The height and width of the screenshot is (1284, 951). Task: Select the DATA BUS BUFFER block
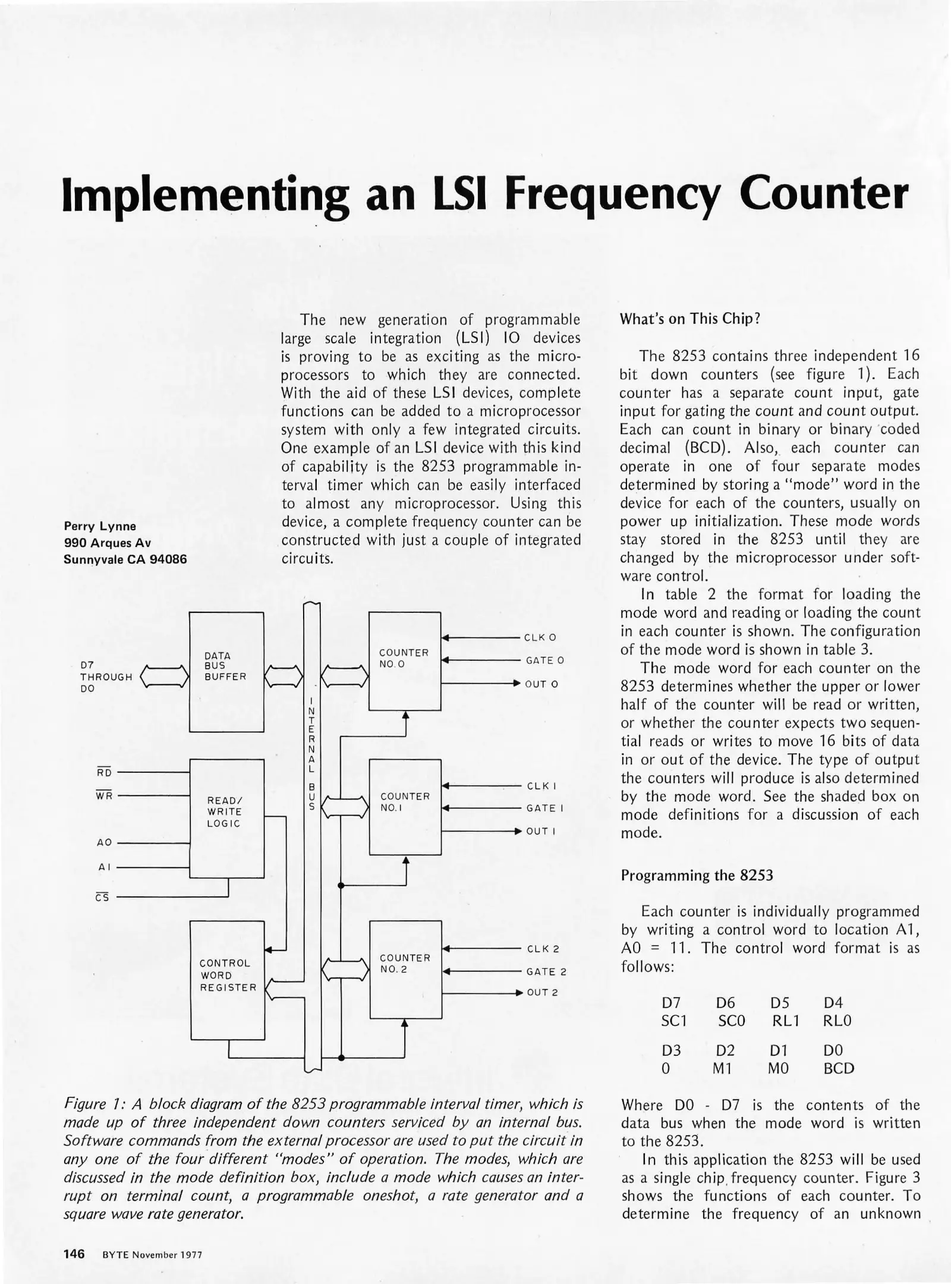(x=226, y=672)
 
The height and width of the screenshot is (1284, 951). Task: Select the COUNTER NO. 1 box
(x=405, y=807)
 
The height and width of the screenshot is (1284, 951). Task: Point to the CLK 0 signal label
(x=540, y=637)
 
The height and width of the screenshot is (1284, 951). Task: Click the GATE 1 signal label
(x=544, y=808)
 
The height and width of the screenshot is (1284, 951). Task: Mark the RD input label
(x=104, y=772)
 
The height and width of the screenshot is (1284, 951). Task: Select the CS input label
(x=102, y=898)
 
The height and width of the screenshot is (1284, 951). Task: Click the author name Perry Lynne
(x=100, y=526)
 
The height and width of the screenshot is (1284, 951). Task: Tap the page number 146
(x=74, y=1254)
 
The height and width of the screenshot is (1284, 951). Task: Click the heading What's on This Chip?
(x=690, y=319)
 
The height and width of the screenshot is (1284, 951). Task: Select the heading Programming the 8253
(x=697, y=875)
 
